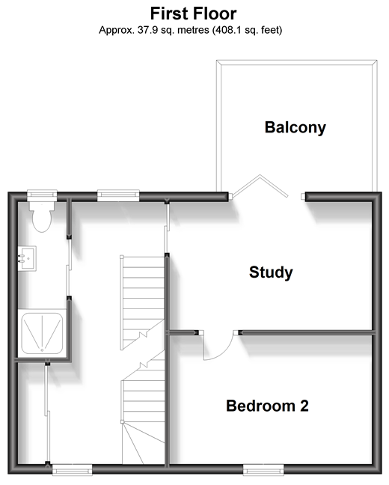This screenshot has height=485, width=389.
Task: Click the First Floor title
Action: click(193, 13)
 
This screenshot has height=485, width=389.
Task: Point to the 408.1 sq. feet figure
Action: click(247, 30)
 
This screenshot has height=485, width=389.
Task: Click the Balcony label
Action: click(295, 127)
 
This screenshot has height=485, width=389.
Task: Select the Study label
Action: click(271, 272)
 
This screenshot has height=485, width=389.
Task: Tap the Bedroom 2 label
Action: click(267, 406)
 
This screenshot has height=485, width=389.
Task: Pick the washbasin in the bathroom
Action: click(27, 258)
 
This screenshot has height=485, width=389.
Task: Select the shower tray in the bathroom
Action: click(42, 333)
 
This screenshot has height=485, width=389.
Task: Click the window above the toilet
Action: click(42, 195)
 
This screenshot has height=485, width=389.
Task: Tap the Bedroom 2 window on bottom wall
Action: click(263, 470)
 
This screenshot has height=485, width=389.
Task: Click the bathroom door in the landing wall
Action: click(69, 267)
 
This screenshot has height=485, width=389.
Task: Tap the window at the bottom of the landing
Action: click(72, 470)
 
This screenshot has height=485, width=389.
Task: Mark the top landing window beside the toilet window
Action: click(118, 195)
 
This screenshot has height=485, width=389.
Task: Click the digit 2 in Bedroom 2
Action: click(304, 406)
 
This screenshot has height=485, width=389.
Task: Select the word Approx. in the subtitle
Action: click(117, 30)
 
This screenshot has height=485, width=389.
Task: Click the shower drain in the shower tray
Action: click(42, 350)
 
